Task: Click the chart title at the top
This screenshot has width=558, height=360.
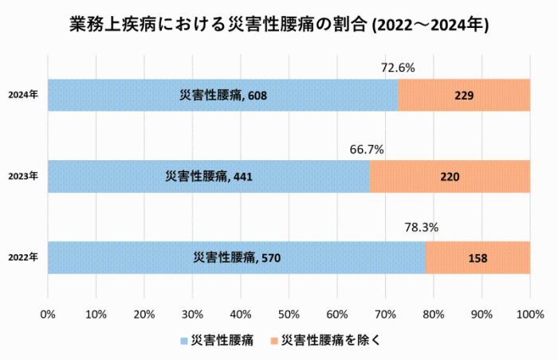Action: point(279,25)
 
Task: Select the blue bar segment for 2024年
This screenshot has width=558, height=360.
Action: point(222,95)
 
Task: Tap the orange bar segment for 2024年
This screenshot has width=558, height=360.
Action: point(464,95)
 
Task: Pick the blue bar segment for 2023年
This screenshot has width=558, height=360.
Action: point(209,177)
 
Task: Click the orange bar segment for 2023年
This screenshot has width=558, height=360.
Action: point(450,177)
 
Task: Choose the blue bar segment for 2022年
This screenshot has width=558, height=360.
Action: point(237,257)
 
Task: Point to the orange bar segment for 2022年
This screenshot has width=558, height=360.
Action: point(478,257)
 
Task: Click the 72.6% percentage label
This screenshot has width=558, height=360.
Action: point(398,68)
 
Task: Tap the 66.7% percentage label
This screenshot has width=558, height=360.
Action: point(367,150)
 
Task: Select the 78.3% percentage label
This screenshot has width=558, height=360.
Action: point(422,227)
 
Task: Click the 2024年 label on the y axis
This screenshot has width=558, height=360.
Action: point(23,95)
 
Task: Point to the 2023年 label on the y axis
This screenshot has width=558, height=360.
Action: point(23,176)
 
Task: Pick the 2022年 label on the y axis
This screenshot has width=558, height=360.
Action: point(23,257)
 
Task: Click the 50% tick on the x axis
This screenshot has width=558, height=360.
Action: point(289,315)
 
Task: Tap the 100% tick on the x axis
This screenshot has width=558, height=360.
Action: point(530,315)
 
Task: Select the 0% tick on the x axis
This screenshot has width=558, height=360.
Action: point(48,315)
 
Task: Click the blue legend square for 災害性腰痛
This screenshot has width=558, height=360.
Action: point(184,341)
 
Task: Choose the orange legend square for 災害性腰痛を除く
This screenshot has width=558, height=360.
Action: point(274,341)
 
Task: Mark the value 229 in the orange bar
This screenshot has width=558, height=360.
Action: point(464,96)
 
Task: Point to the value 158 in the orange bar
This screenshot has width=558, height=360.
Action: point(478,258)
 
